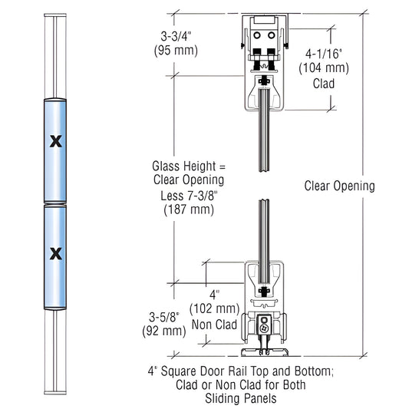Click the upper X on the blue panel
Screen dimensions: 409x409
pos(54,140)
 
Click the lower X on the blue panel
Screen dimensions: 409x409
pos(54,252)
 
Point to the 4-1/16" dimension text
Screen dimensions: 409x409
pos(328,54)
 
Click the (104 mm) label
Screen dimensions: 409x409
pos(328,68)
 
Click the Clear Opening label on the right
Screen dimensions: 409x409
pos(339,186)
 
